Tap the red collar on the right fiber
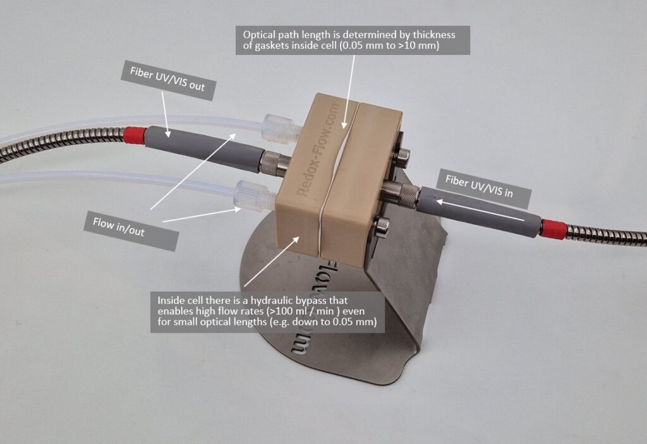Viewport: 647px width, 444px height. [x=552, y=230]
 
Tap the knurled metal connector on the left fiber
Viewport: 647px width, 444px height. [x=274, y=164]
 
